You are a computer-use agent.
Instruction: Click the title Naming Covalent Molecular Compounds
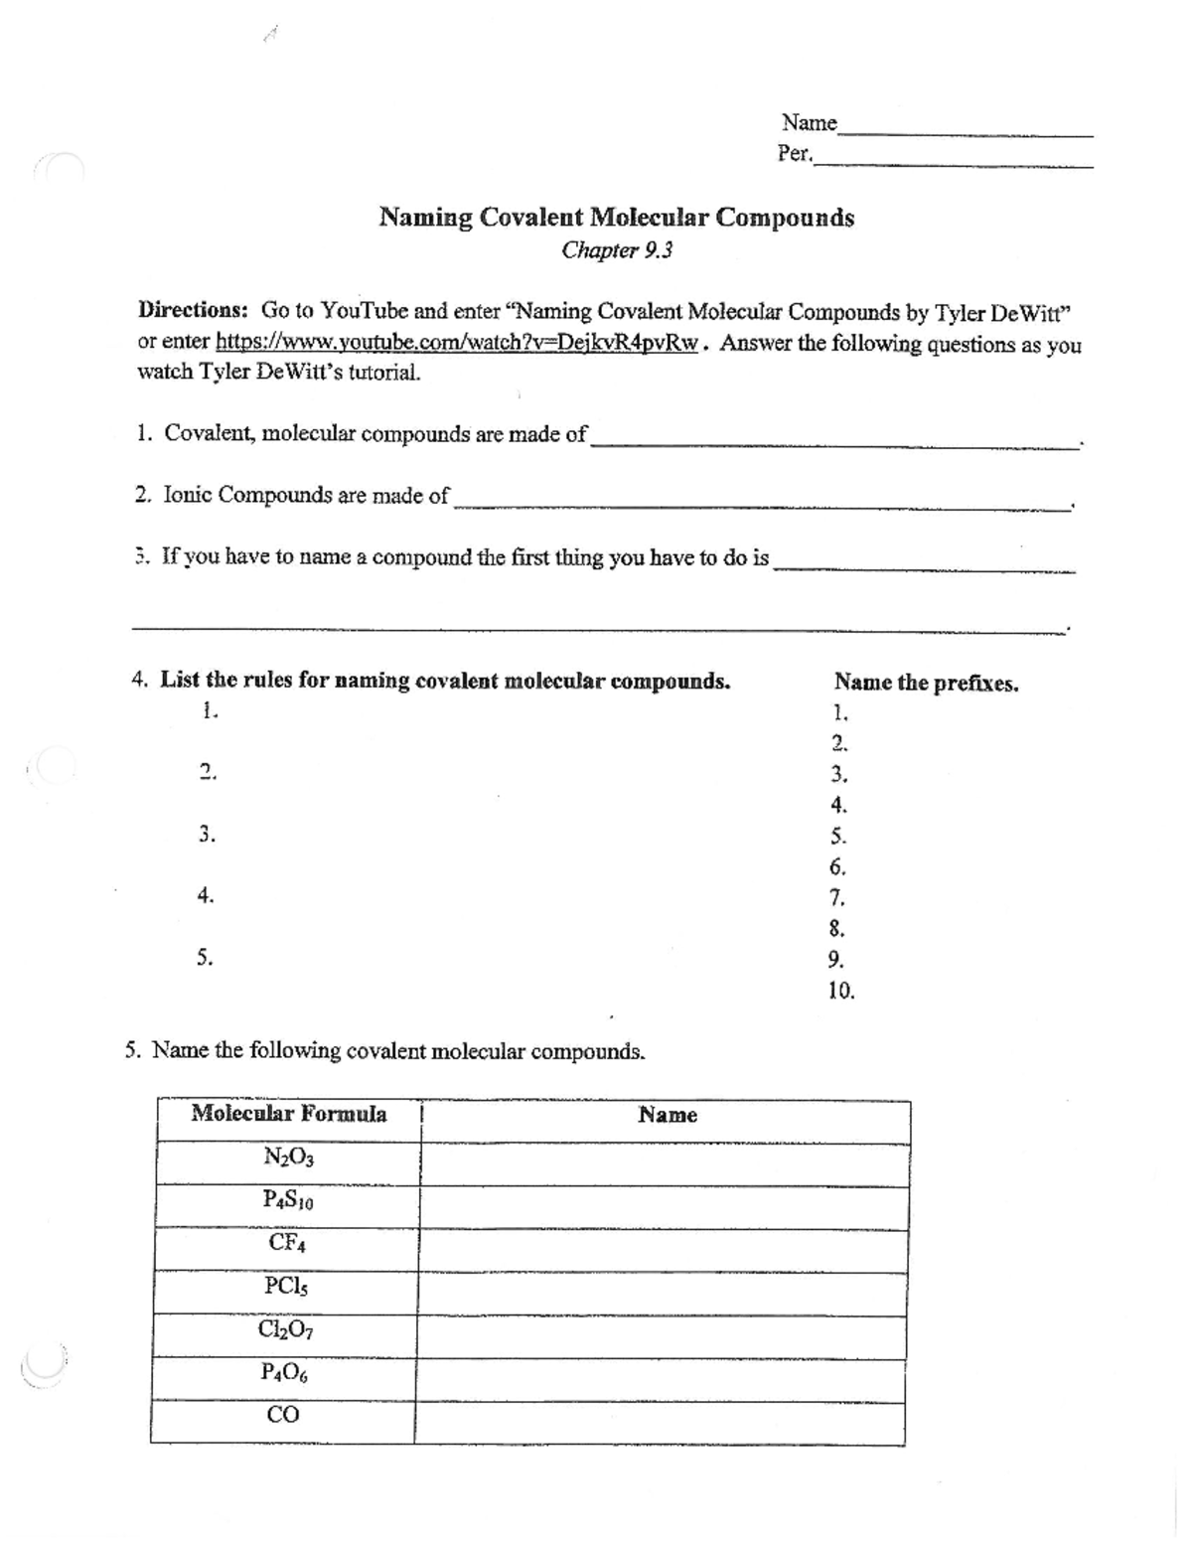coord(616,218)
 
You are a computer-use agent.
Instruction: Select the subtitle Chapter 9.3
coord(616,250)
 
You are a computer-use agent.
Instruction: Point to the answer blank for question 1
coord(834,441)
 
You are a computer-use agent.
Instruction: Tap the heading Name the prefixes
coord(926,683)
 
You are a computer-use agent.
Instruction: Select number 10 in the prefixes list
coord(840,991)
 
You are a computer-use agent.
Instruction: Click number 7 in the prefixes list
coord(836,898)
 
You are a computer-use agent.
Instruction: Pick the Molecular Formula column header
coord(289,1114)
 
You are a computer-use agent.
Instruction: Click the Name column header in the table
coord(667,1115)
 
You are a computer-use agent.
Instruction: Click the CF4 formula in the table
coord(287,1243)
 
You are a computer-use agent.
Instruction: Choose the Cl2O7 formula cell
coord(285,1329)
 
